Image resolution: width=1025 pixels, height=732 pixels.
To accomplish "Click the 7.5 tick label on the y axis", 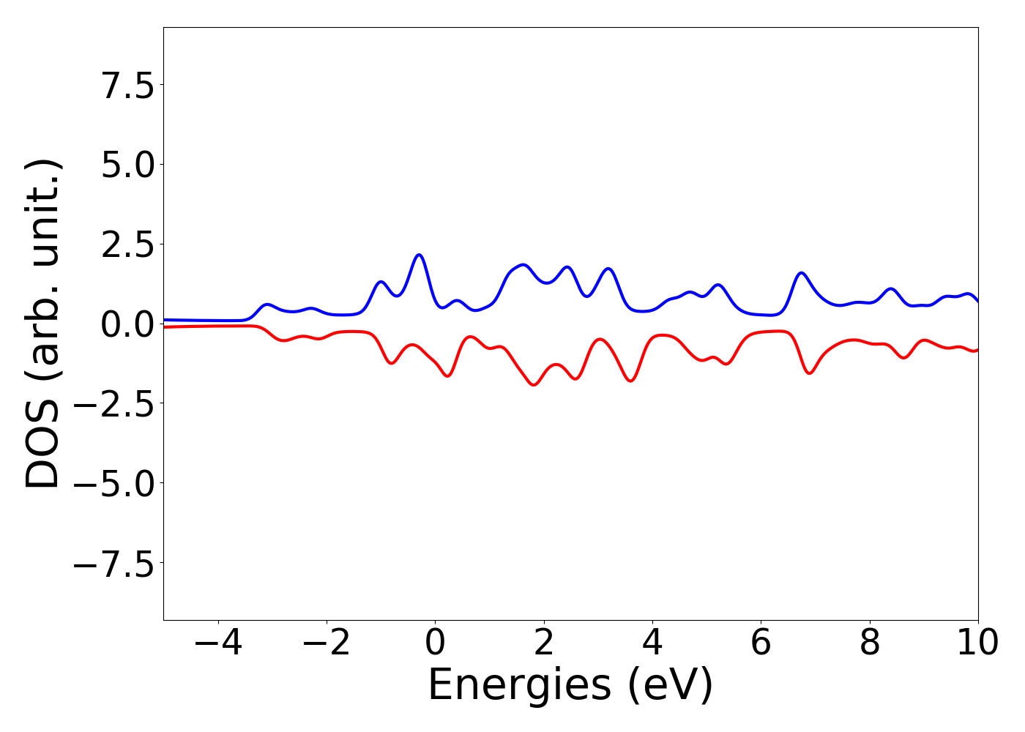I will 128,85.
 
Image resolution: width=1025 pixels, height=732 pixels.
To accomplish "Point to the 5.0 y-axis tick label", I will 128,165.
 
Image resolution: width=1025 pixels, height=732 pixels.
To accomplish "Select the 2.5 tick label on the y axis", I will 128,244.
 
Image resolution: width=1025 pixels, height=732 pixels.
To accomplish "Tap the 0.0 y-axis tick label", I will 128,324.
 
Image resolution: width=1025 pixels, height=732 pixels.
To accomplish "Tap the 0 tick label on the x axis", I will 435,643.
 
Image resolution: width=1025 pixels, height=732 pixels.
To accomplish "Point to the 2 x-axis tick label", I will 543,643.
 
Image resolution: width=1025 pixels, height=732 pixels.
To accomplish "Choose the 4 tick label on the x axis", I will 652,643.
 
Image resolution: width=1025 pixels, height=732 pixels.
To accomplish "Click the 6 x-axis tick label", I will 761,643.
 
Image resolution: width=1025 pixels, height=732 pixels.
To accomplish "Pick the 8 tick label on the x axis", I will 870,643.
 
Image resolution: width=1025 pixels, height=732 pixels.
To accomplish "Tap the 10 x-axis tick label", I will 978,643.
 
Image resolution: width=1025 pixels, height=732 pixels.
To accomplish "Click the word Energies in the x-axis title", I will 518,686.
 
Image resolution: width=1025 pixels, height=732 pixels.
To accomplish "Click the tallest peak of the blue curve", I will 419,255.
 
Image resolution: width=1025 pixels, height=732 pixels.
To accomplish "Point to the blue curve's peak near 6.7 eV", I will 802,273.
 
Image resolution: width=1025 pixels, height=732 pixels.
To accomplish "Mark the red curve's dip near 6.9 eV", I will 810,373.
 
